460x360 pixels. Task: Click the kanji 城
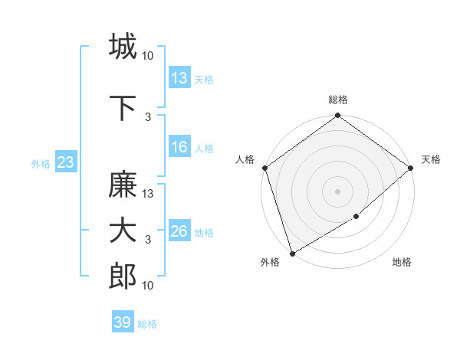[x=123, y=47]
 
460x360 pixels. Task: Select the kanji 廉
[x=123, y=185]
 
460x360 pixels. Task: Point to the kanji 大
[x=123, y=231]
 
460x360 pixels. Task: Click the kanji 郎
[x=123, y=277]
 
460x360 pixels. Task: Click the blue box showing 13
[x=179, y=77]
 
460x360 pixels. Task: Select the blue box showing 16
[x=179, y=147]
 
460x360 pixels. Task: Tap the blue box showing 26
[x=179, y=231]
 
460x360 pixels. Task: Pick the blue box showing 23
[x=65, y=162]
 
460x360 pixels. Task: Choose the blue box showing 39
[x=123, y=322]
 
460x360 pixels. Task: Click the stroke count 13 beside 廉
[x=149, y=194]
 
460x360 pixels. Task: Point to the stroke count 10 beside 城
[x=149, y=55]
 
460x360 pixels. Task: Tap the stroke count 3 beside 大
[x=148, y=240]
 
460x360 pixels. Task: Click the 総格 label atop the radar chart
[x=337, y=100]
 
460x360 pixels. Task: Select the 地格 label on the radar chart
[x=402, y=263]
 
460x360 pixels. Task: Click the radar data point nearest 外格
[x=292, y=254]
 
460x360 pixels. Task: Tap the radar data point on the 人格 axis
[x=264, y=168]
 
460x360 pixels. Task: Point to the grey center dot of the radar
[x=337, y=191]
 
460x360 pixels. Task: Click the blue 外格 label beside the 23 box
[x=41, y=163]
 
